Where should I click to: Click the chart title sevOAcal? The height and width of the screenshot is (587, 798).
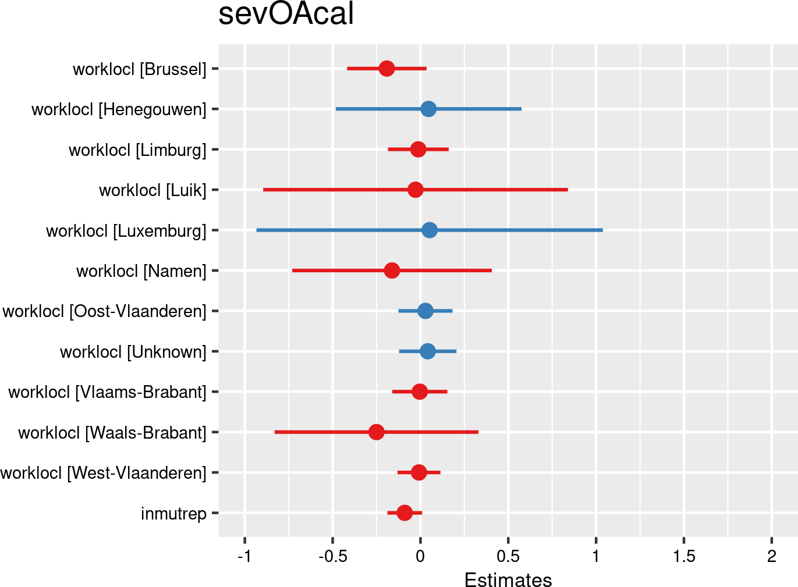coord(286,14)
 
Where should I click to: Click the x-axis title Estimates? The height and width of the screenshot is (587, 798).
coord(508,579)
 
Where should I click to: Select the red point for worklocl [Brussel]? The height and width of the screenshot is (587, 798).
coord(386,69)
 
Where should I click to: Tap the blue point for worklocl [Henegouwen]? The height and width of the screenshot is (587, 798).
coord(428,109)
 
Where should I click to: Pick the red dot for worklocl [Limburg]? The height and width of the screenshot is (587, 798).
coord(418,150)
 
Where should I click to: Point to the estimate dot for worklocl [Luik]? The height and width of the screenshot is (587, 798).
coord(415,190)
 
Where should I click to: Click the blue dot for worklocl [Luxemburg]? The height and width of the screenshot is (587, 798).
coord(430,230)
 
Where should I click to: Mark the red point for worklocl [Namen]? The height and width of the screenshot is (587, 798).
coord(392,271)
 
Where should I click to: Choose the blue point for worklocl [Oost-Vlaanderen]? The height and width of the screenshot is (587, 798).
coord(425,311)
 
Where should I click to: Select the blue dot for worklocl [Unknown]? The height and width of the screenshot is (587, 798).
coord(427,351)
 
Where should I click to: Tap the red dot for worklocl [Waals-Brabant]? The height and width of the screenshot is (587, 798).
coord(377,432)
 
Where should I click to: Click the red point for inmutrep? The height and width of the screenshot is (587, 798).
coord(405,513)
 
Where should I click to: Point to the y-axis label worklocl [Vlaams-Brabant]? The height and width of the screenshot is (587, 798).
coord(108,392)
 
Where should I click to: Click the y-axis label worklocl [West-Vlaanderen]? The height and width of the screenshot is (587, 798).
coord(104,473)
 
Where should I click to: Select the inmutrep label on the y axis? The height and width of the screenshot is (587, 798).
coord(173,514)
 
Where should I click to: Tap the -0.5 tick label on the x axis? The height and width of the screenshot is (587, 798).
coord(333,557)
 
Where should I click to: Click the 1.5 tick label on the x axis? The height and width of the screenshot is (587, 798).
coord(684,557)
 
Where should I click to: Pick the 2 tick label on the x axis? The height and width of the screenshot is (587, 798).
coord(771,557)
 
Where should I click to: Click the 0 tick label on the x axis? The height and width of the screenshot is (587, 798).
coord(420,557)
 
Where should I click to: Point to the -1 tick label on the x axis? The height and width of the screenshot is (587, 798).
coord(244,557)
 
